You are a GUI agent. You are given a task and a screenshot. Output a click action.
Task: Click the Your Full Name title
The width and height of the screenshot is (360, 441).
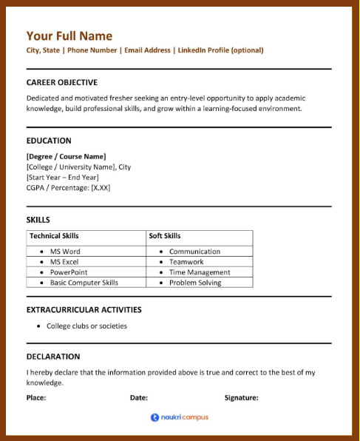point(69,36)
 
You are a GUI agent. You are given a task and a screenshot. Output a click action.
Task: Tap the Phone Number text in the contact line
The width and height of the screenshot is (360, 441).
point(92,50)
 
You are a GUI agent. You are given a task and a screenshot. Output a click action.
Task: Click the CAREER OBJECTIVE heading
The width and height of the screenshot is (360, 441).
point(61,82)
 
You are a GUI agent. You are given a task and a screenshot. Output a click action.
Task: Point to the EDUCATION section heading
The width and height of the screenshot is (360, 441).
point(49,141)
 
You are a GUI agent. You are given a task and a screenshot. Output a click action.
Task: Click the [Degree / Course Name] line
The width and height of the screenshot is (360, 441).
point(66,156)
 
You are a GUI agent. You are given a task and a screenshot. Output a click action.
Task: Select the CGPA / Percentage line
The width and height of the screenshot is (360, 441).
point(68,187)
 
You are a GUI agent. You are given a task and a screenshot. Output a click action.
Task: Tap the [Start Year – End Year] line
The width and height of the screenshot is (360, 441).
point(62,177)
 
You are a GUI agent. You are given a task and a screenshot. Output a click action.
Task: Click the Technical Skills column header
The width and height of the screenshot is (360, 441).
point(54,236)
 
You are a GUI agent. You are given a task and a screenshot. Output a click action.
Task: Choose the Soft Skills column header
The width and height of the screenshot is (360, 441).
point(165,236)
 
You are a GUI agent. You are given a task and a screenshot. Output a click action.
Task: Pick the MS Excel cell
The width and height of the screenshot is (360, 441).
point(64,262)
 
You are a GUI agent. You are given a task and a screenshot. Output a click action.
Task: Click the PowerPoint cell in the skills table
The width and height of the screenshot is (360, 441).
point(69,272)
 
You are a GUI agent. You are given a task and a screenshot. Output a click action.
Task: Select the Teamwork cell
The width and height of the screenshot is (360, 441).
point(186,262)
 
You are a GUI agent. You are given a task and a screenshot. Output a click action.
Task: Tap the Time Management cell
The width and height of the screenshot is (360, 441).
point(200,272)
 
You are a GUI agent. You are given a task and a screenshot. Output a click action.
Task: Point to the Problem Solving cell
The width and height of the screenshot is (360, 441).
point(195,283)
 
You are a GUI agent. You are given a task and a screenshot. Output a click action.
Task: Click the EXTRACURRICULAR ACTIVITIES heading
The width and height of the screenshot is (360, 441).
point(84,310)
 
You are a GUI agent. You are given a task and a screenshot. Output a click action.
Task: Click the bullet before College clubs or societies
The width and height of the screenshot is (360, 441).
point(38,326)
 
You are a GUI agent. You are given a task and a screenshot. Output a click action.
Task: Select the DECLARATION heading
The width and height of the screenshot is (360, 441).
point(53,357)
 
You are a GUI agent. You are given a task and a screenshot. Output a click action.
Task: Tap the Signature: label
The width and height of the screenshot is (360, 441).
point(241,398)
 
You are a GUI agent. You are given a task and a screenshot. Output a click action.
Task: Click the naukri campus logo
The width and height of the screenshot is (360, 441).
point(180,417)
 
